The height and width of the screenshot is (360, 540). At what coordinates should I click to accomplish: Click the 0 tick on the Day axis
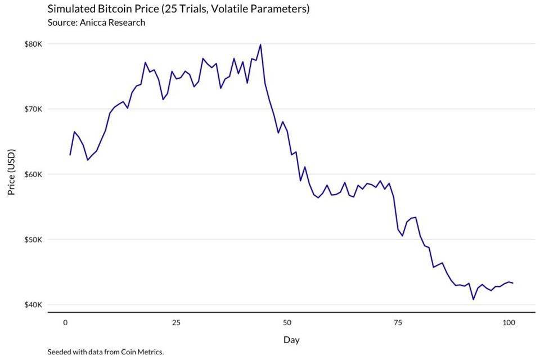click(x=66, y=322)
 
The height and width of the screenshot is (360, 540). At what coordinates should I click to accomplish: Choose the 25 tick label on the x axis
click(x=176, y=322)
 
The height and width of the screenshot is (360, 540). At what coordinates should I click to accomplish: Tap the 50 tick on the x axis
click(x=287, y=322)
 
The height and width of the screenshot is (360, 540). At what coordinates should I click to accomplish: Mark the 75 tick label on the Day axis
click(x=398, y=322)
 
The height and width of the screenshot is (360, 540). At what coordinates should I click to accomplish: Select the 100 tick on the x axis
click(x=508, y=322)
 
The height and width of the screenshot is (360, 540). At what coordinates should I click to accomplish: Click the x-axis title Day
click(x=291, y=340)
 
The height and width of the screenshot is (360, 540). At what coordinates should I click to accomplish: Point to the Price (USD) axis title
click(x=11, y=172)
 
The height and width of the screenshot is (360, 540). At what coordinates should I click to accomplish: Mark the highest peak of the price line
click(x=260, y=44)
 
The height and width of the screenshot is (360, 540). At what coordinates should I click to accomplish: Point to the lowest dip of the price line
click(x=473, y=299)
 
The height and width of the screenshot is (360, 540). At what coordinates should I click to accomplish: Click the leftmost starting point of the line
click(x=70, y=155)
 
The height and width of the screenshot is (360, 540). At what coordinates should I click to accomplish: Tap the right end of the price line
click(x=513, y=283)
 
